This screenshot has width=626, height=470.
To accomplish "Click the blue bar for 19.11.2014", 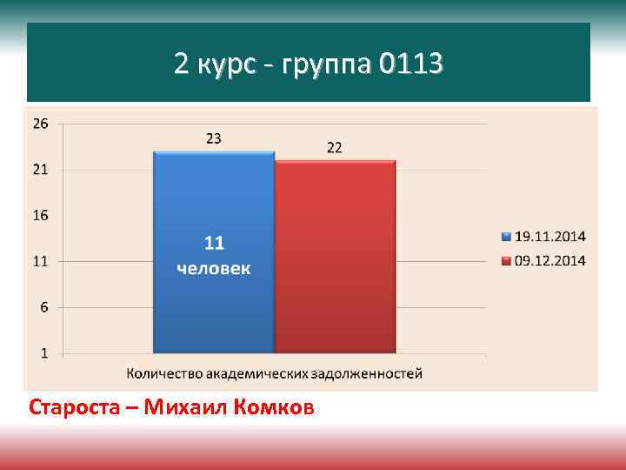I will tap(214, 305).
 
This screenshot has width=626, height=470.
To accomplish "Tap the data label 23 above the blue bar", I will tap(214, 138).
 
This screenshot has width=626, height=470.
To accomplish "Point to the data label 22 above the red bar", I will tap(335, 148).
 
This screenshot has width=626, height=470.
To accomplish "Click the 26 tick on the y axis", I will tap(40, 124).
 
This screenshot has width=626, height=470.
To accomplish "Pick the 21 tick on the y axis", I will tap(40, 170).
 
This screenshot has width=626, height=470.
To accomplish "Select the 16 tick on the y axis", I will tap(40, 215).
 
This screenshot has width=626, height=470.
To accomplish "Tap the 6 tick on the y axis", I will tap(42, 307).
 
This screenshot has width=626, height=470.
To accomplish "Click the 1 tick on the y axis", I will tap(43, 353).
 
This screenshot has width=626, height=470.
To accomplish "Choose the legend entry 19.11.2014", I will tap(550, 236).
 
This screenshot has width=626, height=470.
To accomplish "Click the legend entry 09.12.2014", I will tap(550, 260).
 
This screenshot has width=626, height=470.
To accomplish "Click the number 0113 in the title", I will tap(411, 64).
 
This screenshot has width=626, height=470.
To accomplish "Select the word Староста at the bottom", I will tap(70, 406).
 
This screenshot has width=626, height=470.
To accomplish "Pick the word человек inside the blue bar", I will tap(214, 269).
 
